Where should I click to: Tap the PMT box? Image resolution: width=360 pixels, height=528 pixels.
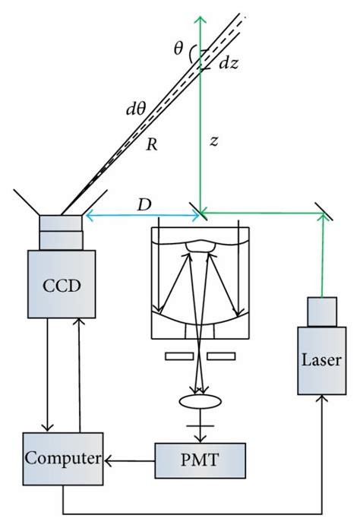201,459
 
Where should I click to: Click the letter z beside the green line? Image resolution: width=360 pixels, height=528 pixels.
215,141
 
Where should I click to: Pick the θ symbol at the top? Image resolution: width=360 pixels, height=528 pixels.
178,50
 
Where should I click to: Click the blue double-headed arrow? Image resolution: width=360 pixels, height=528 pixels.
144,217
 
